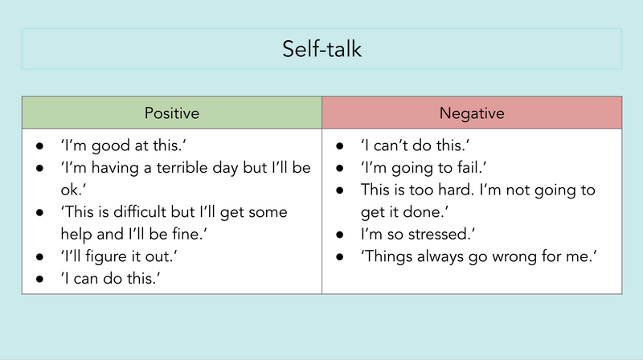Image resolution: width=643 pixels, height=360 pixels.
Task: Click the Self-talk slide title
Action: tap(322, 49)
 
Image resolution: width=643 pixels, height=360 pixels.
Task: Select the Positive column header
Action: tap(172, 113)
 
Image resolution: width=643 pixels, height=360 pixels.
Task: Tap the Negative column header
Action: tap(472, 113)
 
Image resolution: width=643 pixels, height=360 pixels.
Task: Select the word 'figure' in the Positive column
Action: tap(106, 256)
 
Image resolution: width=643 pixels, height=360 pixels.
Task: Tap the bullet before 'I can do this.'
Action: tap(39, 279)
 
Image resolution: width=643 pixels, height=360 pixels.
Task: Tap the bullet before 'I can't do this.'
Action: tap(339, 146)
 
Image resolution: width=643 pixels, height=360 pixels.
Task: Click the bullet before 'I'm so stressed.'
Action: tap(339, 235)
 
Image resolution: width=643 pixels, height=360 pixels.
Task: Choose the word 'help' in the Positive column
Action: tap(76, 235)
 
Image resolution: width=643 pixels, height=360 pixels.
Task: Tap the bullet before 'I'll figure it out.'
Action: tap(39, 257)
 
